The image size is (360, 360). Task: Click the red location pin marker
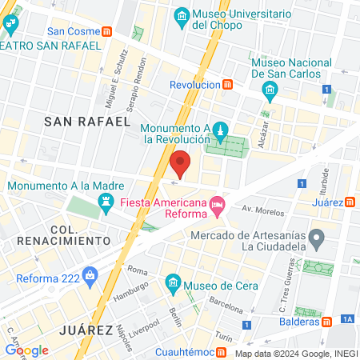181,165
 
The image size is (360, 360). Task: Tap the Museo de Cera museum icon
172,282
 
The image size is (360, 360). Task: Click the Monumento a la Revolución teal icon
221,129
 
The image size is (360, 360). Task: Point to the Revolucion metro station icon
228,85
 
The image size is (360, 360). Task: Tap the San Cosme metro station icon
107,32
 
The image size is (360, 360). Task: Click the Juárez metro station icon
350,202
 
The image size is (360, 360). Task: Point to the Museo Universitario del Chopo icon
182,16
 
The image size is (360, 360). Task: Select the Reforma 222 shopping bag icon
90,277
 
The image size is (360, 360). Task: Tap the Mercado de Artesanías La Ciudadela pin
318,238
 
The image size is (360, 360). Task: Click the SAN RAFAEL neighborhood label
86,121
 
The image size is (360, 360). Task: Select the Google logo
26,350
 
